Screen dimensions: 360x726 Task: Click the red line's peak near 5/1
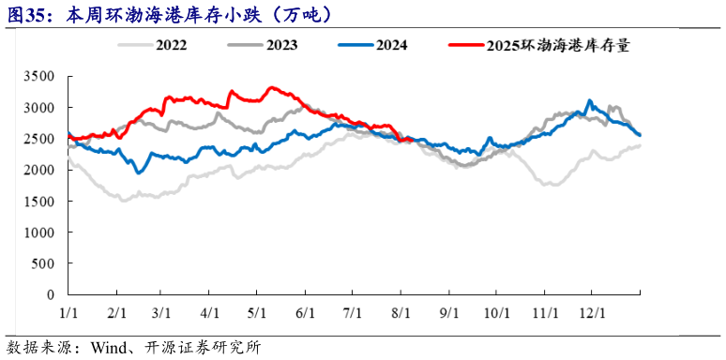(271, 87)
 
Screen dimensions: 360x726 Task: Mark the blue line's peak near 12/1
(589, 100)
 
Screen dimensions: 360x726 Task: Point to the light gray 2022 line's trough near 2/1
(123, 200)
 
